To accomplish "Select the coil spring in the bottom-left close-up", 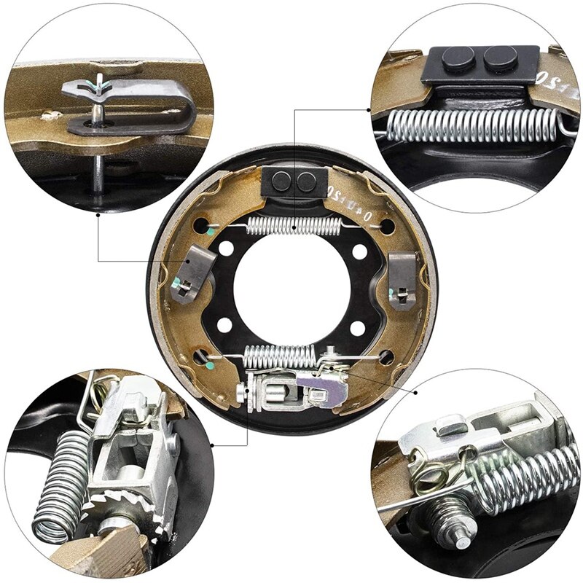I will tap(58, 488).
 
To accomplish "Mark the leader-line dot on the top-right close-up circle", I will tap(369, 110).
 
